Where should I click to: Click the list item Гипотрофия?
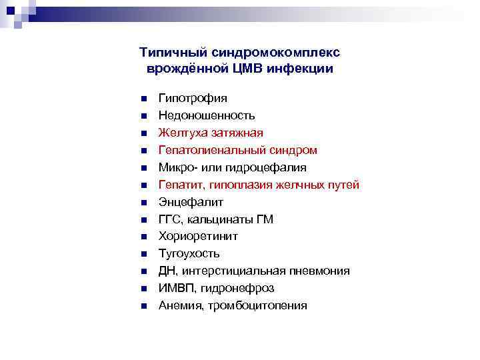[193, 98]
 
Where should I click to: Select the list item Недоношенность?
[207, 115]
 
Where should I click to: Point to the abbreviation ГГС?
[170, 219]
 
